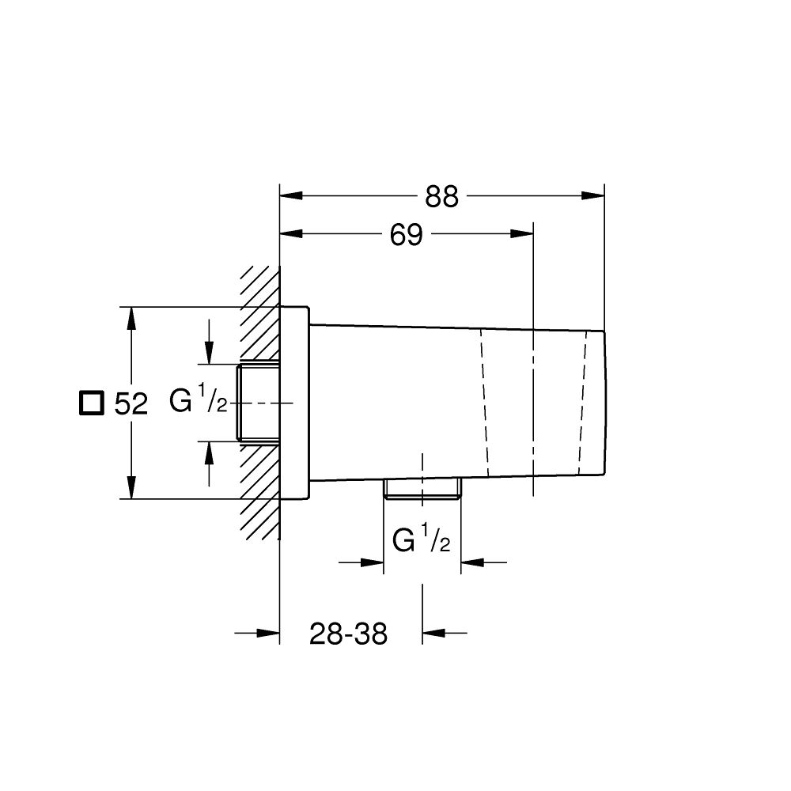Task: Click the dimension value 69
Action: [407, 235]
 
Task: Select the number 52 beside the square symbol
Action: [131, 404]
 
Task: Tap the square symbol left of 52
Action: [92, 403]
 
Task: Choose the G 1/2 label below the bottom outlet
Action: [422, 541]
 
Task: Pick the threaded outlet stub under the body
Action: [422, 489]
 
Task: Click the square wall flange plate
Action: [294, 403]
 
